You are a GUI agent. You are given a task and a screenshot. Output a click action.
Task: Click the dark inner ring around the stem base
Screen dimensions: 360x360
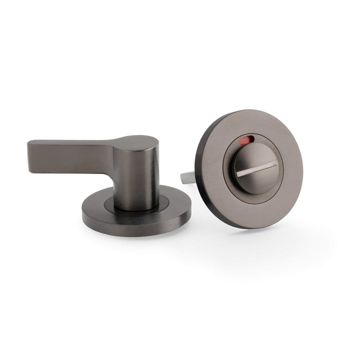click(112, 202)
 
